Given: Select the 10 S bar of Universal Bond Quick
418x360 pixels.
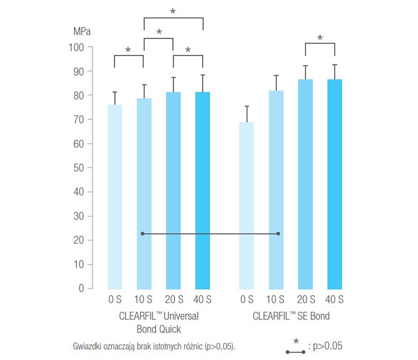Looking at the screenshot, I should point(144,193).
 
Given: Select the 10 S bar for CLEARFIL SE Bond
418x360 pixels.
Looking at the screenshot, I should point(276,189).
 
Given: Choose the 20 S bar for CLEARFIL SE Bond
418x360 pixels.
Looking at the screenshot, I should point(305,184).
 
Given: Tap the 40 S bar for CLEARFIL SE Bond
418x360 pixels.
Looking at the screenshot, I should point(334,184).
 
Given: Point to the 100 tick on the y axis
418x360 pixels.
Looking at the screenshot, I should point(78,47).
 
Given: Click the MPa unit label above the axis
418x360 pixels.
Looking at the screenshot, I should point(81,32).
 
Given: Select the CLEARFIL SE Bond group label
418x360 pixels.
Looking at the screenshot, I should point(291,316).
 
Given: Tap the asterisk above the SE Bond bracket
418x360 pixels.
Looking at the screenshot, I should point(320,38).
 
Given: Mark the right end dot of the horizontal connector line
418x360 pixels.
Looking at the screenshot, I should point(279,234).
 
